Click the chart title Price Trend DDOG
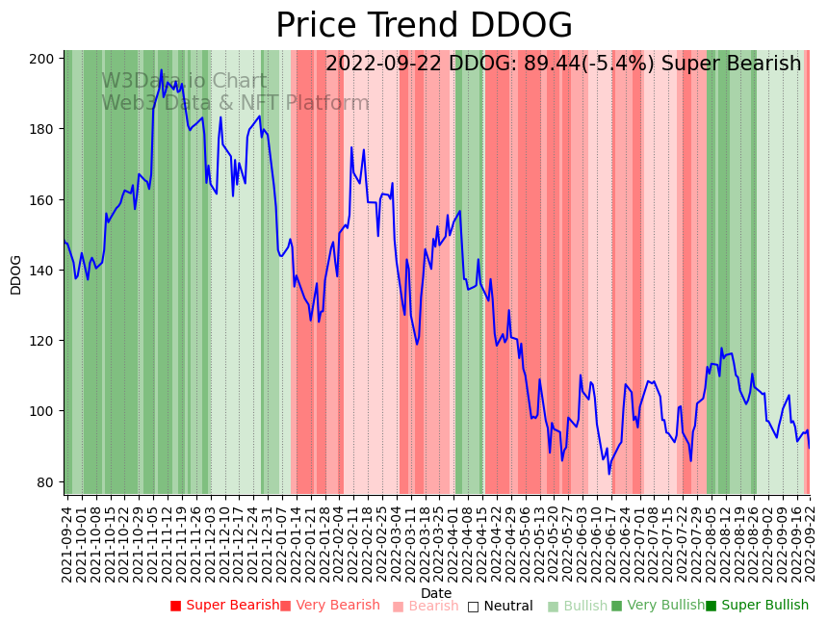pos(424,26)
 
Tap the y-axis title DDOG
pos(15,274)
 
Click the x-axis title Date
pos(435,593)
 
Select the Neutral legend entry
pos(500,606)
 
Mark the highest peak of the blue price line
pos(161,70)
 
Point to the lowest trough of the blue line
pos(608,473)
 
